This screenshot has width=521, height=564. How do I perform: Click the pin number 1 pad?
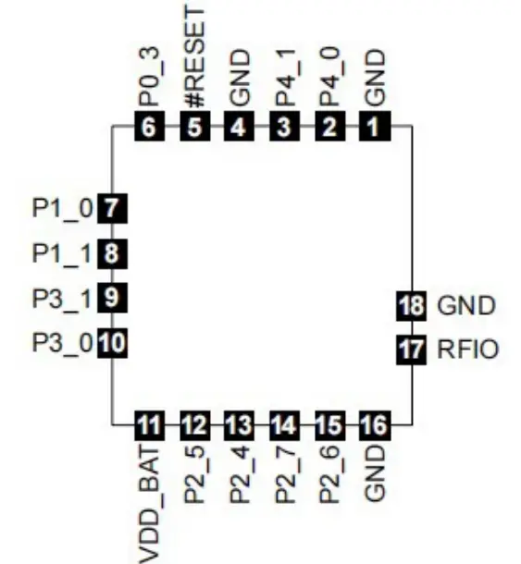373,128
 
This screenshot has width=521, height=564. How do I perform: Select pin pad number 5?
193,128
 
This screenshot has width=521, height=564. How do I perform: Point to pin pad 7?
112,208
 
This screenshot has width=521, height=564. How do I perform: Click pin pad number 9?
112,299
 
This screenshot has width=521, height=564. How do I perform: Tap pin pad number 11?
149,426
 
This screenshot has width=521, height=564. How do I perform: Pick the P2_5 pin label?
194,474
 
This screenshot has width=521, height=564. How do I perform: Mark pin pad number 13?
239,426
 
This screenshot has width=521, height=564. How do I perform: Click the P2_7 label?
284,474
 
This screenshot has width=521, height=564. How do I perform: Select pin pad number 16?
373,426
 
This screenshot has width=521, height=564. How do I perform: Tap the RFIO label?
468,350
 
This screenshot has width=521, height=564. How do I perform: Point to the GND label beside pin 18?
466,305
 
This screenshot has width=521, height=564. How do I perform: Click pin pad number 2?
329,128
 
